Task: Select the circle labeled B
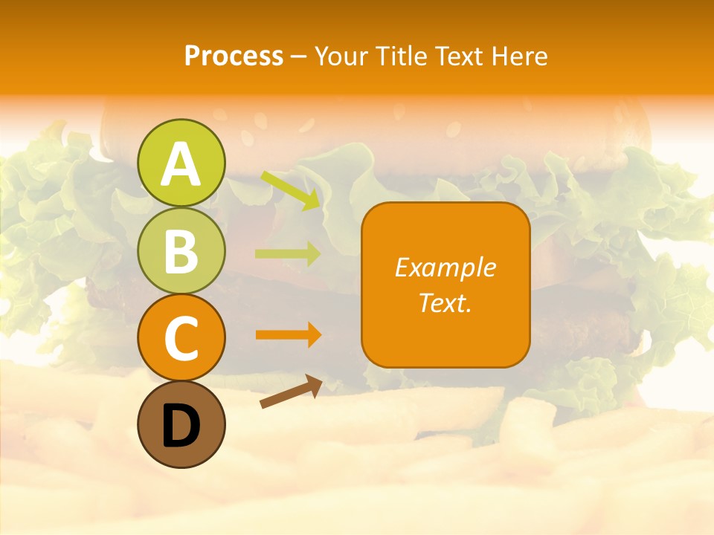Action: pyautogui.click(x=181, y=251)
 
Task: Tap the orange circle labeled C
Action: pyautogui.click(x=181, y=338)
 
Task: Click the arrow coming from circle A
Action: pyautogui.click(x=291, y=190)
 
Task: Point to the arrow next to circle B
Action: pyautogui.click(x=288, y=253)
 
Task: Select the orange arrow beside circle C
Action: pyautogui.click(x=288, y=334)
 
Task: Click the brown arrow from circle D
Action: pyautogui.click(x=291, y=392)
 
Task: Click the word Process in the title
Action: pyautogui.click(x=234, y=56)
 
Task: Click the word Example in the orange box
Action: pyautogui.click(x=445, y=267)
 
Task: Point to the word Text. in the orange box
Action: pyautogui.click(x=445, y=302)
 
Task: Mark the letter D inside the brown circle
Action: pyautogui.click(x=181, y=426)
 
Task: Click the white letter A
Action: pyautogui.click(x=181, y=164)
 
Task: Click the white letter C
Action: pyautogui.click(x=181, y=338)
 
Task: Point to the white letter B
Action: pyautogui.click(x=181, y=251)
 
